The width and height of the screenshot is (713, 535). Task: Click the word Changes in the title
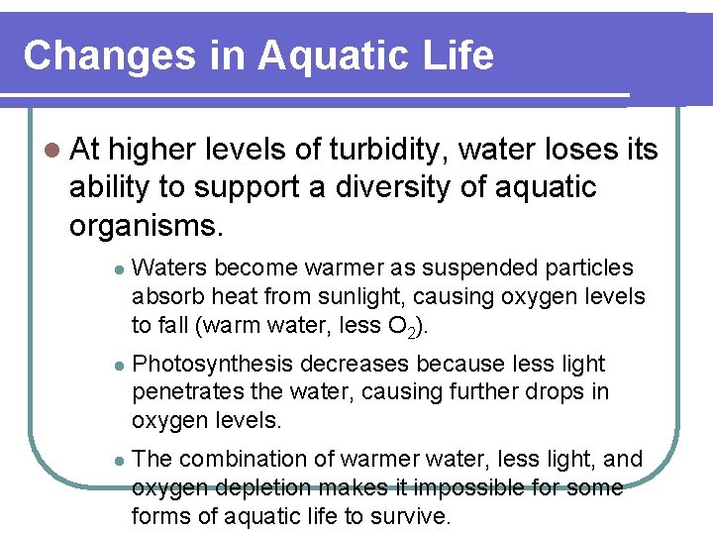pos(109,55)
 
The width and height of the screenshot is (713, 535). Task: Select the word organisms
pos(145,224)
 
